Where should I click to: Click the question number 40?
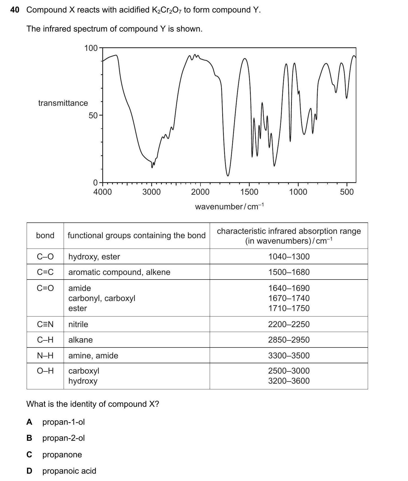point(15,10)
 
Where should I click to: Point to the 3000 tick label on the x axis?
point(152,192)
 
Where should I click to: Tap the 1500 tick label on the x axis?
point(249,192)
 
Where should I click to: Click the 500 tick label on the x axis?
point(347,192)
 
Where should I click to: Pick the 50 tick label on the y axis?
point(93,116)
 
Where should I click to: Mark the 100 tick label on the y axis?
point(91,48)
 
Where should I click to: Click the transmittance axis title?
point(63,103)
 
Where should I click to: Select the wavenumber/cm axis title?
point(229,206)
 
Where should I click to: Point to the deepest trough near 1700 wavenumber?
point(228,175)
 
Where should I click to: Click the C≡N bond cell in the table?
point(45,324)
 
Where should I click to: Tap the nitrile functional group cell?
point(78,324)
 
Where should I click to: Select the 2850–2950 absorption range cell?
point(289,340)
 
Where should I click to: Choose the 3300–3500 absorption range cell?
point(289,355)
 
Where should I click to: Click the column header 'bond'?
point(45,235)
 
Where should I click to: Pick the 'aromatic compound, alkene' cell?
point(119,272)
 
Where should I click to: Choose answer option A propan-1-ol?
point(63,422)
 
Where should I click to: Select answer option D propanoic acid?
point(69,471)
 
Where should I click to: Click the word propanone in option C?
point(62,454)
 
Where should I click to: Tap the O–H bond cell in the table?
point(45,371)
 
